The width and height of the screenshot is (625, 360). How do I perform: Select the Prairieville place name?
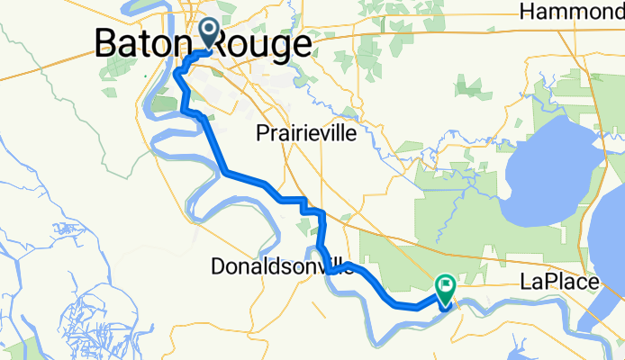click(306, 133)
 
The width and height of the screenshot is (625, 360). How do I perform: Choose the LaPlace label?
click(560, 283)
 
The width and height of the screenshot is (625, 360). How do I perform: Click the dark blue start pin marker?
click(208, 32)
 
